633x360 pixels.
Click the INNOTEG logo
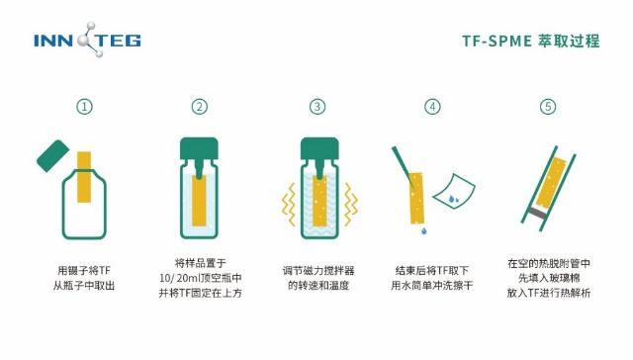point(87,40)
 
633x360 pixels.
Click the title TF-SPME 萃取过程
point(531,42)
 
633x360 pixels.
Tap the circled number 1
point(84,107)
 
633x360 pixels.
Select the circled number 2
point(200,107)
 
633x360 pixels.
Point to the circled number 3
point(317,107)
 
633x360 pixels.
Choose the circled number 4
point(432,107)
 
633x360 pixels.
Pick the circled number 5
point(548,107)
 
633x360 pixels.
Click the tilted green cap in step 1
point(52,156)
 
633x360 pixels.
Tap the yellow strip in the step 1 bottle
point(84,177)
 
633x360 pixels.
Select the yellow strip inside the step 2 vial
point(199,201)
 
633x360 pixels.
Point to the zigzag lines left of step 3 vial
point(288,205)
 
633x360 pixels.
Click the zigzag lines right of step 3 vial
point(351,205)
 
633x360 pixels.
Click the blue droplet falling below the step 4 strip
point(424,230)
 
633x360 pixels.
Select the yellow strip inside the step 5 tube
point(551,183)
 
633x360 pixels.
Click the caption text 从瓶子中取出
point(84,286)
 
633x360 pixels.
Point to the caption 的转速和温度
point(318,286)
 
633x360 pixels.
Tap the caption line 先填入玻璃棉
point(549,278)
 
